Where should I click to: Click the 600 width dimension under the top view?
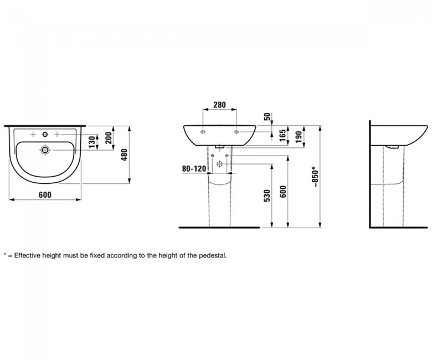(45, 195)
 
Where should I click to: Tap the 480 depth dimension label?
(125, 155)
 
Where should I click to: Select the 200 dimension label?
(109, 138)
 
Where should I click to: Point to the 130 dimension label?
(92, 142)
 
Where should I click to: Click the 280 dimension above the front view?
(219, 105)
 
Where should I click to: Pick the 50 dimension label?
(268, 117)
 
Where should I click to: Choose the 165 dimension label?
(282, 136)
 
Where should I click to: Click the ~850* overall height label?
(315, 177)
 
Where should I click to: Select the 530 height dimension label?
(267, 196)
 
